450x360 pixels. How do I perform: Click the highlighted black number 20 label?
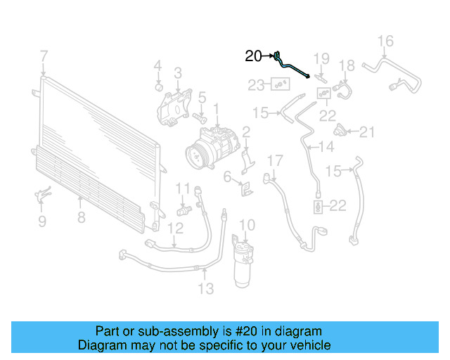(253, 56)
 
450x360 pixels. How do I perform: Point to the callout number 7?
(44, 56)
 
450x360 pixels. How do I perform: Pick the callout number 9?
(41, 222)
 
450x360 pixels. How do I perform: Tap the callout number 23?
(256, 85)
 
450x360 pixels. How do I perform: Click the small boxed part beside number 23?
(281, 85)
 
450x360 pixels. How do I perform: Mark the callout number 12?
(175, 228)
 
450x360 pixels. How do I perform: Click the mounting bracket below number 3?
(172, 108)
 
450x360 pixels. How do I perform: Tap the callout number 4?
(157, 66)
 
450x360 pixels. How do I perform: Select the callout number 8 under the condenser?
(82, 217)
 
